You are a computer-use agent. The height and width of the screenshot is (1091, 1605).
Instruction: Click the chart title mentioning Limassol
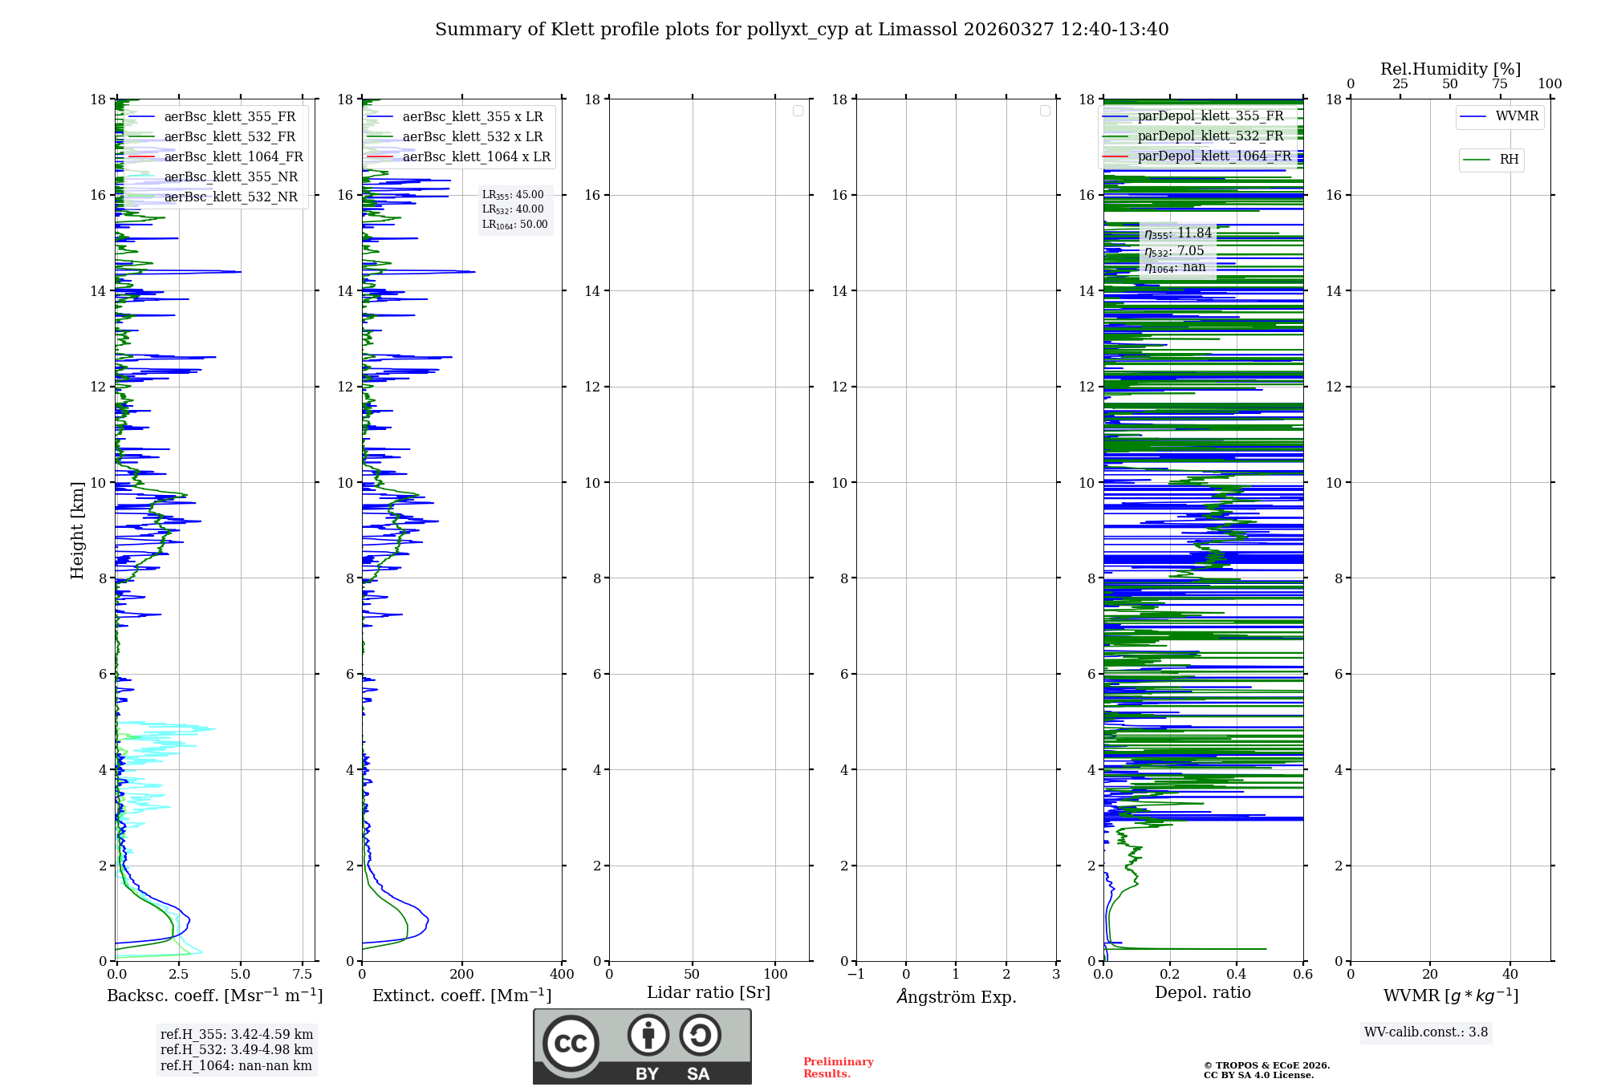point(802,30)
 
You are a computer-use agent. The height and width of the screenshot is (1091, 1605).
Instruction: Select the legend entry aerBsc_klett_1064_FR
point(233,157)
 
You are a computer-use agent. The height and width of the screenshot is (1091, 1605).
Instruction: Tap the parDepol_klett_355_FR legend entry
point(1210,116)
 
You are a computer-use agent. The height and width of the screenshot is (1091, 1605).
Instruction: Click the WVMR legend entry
point(1516,116)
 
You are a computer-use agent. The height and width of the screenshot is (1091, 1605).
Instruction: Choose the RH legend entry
point(1508,160)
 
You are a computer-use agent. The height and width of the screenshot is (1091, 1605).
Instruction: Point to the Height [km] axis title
point(77,530)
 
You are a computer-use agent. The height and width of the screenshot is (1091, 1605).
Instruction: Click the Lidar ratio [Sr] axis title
point(709,993)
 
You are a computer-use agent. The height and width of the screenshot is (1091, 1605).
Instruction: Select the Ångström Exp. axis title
point(956,996)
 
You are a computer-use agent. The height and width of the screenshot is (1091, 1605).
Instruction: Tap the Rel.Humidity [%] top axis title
point(1450,69)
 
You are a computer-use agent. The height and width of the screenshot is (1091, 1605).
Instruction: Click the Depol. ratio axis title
point(1202,993)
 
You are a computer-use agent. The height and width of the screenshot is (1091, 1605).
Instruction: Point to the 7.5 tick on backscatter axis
point(303,975)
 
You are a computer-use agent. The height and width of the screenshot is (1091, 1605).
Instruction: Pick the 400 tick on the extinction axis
point(562,975)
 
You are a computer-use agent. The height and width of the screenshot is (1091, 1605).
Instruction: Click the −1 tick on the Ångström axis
point(855,975)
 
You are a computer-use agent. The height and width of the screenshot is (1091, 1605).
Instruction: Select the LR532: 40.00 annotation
point(513,209)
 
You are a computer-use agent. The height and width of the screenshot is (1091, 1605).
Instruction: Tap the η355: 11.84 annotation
point(1177,233)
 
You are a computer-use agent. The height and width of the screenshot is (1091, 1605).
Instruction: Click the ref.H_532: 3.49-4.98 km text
point(236,1050)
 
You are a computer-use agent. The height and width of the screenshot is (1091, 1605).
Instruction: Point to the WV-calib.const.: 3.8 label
point(1425,1032)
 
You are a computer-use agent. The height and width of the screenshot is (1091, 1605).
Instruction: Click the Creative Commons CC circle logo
point(571,1043)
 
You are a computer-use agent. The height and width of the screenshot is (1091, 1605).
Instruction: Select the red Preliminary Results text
point(838,1068)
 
